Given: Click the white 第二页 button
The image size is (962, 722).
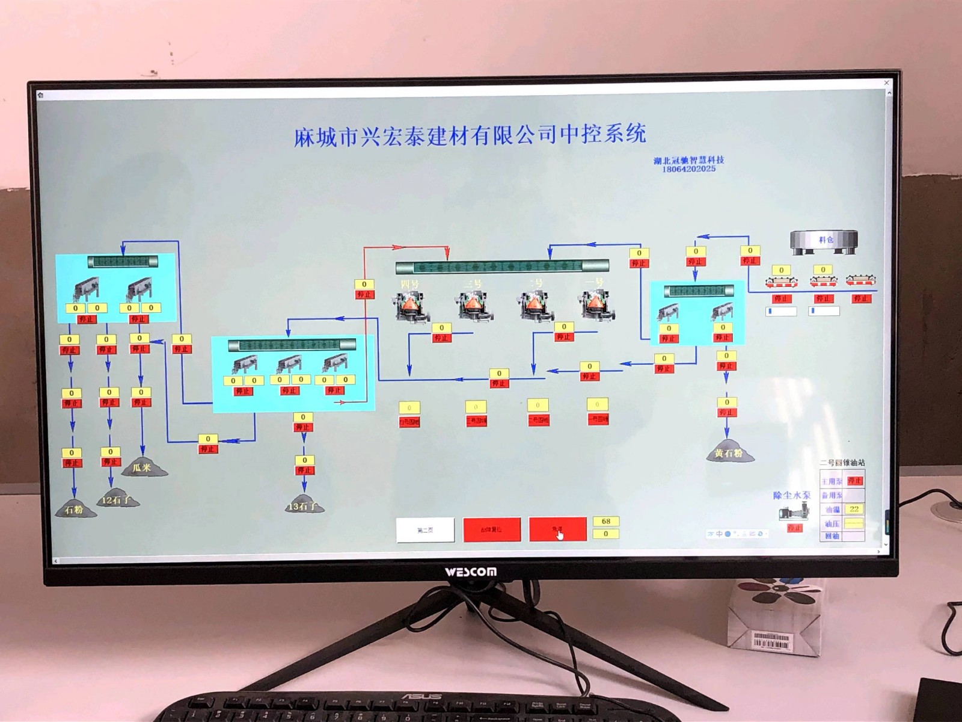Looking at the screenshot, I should (x=425, y=529).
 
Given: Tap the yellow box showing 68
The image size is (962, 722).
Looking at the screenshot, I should (x=605, y=521).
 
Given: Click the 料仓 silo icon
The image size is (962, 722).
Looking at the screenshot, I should (x=824, y=240).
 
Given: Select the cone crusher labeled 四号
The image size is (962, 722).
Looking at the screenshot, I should (x=409, y=304).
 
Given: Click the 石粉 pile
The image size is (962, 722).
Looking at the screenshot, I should (x=75, y=509).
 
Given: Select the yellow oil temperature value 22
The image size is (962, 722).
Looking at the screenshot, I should (x=854, y=509).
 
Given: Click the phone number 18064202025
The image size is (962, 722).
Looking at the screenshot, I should (x=688, y=170).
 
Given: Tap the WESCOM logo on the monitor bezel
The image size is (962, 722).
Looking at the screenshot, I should (x=471, y=572).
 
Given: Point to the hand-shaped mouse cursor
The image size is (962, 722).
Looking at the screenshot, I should (x=560, y=533).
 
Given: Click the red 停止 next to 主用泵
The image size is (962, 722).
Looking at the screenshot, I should (x=854, y=481).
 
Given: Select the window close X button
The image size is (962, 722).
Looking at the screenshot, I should (x=886, y=82).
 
